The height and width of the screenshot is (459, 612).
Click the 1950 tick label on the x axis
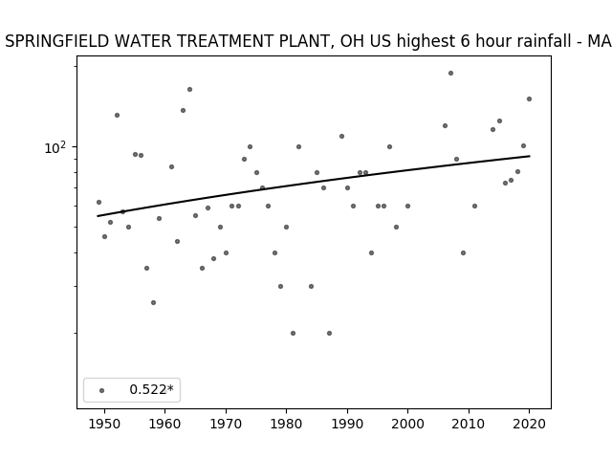pos(104,424)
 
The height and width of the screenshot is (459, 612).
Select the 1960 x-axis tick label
pos(165,424)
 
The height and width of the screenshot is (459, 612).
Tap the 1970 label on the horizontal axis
pos(226,424)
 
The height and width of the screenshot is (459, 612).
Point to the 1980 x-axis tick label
pos(286,424)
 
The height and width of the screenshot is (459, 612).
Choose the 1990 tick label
pos(347,424)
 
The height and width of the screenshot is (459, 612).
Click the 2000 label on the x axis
pos(407,424)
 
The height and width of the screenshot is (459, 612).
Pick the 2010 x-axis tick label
pos(469,424)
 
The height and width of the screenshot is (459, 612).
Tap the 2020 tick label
pos(529,424)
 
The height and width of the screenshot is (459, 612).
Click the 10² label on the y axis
pos(55,147)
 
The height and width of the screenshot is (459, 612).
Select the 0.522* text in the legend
pos(151,389)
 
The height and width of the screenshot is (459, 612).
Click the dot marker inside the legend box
pos(102,390)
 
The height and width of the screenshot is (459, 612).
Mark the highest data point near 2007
pos(450,73)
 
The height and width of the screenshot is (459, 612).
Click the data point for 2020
pos(529,98)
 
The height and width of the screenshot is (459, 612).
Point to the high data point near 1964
pos(189,89)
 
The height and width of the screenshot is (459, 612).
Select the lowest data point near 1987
pos(329,333)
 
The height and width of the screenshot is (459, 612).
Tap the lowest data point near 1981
pos(294,333)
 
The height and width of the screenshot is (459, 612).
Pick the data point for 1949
pos(98,202)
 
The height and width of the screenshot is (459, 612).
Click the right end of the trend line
pos(530,156)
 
